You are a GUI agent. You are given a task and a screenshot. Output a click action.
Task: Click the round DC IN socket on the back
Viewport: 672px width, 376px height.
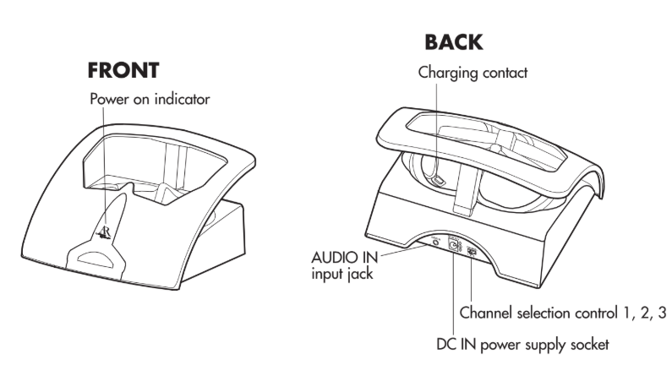[453, 247]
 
